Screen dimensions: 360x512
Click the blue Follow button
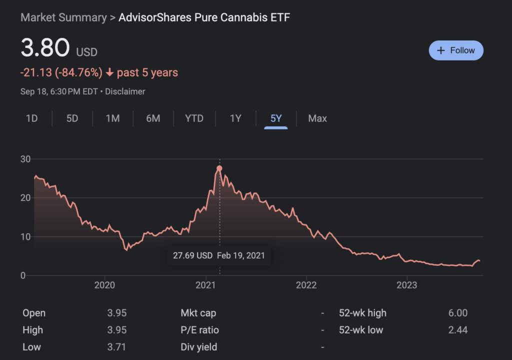coord(456,50)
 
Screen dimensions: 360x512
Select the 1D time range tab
coord(31,118)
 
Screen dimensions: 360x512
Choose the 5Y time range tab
coord(276,118)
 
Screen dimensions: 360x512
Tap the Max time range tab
coord(317,118)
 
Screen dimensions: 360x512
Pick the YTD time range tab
coord(194,118)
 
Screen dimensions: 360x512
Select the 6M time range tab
coord(153,118)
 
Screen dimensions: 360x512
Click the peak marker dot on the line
coord(219,168)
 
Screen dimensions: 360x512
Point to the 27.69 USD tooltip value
coord(193,255)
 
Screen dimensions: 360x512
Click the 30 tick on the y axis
coord(25,159)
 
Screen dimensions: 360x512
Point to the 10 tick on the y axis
coord(25,236)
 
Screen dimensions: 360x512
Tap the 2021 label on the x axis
coord(205,285)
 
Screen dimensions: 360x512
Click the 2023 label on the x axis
coord(406,285)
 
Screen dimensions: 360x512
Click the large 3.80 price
coord(45,48)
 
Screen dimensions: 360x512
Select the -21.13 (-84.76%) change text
coord(61,73)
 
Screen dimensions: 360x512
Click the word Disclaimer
coord(125,92)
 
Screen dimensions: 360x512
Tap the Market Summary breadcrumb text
coord(63,18)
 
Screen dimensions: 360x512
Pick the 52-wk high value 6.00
coord(458,313)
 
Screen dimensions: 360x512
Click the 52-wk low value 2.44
coord(458,330)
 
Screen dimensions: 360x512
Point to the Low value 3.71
coord(116,347)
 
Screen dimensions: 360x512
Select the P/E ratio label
coord(200,330)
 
